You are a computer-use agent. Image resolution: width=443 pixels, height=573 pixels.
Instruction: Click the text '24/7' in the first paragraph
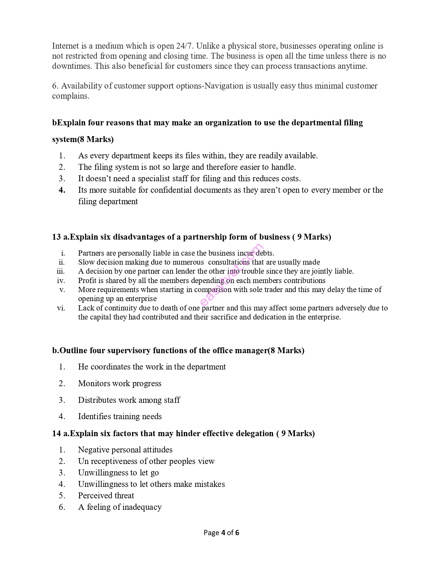pyautogui.click(x=184, y=46)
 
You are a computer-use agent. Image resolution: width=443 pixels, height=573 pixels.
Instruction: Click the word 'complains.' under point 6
pyautogui.click(x=71, y=96)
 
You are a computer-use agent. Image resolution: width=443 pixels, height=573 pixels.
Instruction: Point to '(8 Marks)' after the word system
pyautogui.click(x=96, y=139)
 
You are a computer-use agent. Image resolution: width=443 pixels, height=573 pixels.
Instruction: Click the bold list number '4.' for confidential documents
pyautogui.click(x=62, y=190)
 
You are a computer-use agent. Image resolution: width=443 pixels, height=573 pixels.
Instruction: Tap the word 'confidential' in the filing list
pyautogui.click(x=171, y=190)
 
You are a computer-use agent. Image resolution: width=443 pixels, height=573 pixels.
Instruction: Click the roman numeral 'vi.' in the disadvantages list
pyautogui.click(x=61, y=308)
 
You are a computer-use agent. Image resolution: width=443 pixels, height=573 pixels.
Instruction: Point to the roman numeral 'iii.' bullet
pyautogui.click(x=61, y=271)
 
